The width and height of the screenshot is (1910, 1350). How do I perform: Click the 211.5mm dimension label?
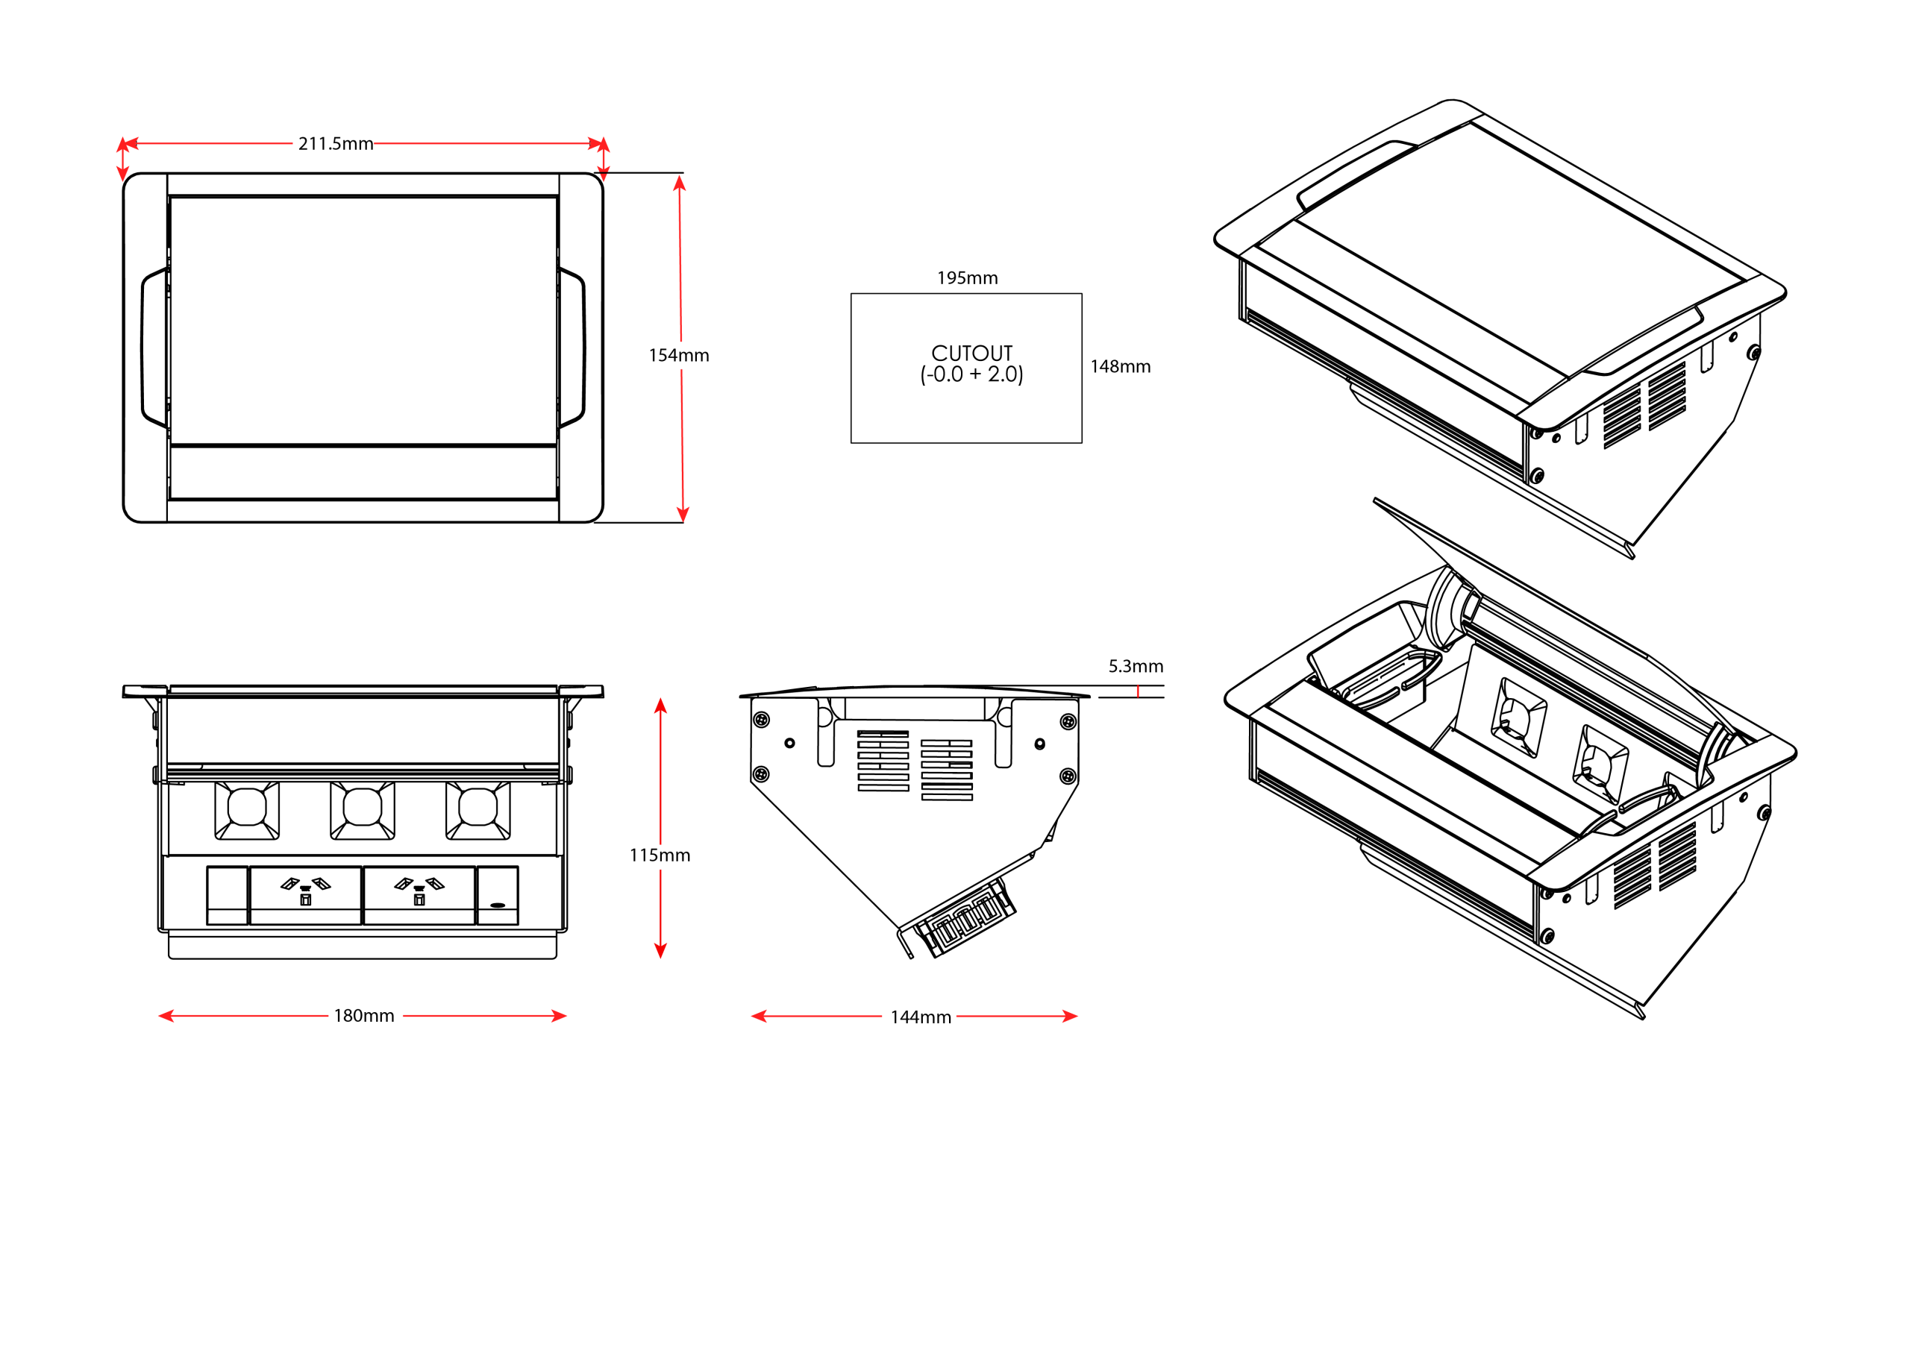pyautogui.click(x=335, y=144)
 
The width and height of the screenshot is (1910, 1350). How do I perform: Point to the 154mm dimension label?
pyautogui.click(x=679, y=356)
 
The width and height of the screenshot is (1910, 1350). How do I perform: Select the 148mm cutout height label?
pyautogui.click(x=1120, y=367)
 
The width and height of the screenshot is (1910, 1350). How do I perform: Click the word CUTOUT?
pyautogui.click(x=971, y=354)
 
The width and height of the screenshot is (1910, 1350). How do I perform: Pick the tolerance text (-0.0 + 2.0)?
pyautogui.click(x=971, y=375)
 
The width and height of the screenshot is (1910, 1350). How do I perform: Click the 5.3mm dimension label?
pyautogui.click(x=1135, y=666)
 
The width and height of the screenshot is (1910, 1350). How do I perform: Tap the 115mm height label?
pyautogui.click(x=660, y=855)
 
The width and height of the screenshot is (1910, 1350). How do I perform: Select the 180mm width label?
pyautogui.click(x=363, y=1016)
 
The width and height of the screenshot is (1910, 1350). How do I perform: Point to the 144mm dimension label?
pyautogui.click(x=920, y=1017)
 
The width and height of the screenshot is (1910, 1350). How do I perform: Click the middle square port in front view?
pyautogui.click(x=362, y=809)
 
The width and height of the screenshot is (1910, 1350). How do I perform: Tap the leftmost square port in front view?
pyautogui.click(x=247, y=809)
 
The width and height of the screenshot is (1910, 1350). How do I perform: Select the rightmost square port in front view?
pyautogui.click(x=477, y=809)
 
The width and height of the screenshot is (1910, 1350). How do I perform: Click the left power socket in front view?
pyautogui.click(x=305, y=894)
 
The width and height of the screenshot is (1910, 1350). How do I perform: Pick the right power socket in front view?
pyautogui.click(x=419, y=894)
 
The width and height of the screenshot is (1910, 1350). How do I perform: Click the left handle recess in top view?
pyautogui.click(x=154, y=348)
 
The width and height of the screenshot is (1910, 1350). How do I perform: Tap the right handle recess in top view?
pyautogui.click(x=572, y=348)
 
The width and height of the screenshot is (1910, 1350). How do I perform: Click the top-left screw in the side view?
pyautogui.click(x=760, y=720)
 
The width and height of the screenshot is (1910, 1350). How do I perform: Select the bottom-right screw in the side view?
pyautogui.click(x=1068, y=776)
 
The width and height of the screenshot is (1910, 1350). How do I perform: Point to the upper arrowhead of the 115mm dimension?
pyautogui.click(x=660, y=706)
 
